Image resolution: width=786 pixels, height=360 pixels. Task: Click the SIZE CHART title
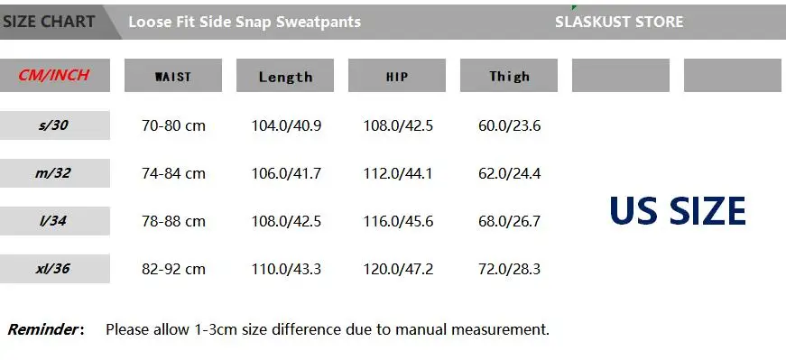pyautogui.click(x=49, y=22)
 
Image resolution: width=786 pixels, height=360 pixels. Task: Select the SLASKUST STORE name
pyautogui.click(x=619, y=22)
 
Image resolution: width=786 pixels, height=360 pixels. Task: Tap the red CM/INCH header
pyautogui.click(x=53, y=75)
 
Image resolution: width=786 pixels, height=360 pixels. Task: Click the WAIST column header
pyautogui.click(x=173, y=77)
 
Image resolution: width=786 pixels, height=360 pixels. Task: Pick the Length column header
pyautogui.click(x=285, y=77)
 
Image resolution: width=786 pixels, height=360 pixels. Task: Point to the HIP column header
pyautogui.click(x=397, y=77)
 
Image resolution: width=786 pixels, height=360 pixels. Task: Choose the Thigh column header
pyautogui.click(x=509, y=76)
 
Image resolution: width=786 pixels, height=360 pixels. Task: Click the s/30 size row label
pyautogui.click(x=53, y=125)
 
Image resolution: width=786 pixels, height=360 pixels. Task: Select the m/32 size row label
pyautogui.click(x=53, y=173)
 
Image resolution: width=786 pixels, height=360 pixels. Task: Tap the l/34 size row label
pyautogui.click(x=53, y=221)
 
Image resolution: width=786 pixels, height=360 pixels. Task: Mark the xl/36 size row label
pyautogui.click(x=53, y=269)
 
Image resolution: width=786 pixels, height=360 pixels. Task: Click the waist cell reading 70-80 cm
pyautogui.click(x=173, y=125)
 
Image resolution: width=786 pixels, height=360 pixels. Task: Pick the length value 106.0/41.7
pyautogui.click(x=286, y=173)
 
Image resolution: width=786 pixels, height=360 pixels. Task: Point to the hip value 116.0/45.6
pyautogui.click(x=398, y=221)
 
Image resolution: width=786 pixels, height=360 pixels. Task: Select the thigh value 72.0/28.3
pyautogui.click(x=509, y=269)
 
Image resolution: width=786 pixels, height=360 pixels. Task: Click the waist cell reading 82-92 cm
pyautogui.click(x=173, y=269)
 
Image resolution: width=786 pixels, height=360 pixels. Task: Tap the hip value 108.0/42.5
pyautogui.click(x=398, y=125)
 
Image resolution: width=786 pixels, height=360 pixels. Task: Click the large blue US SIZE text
pyautogui.click(x=678, y=211)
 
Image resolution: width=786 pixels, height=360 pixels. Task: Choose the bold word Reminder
pyautogui.click(x=42, y=329)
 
